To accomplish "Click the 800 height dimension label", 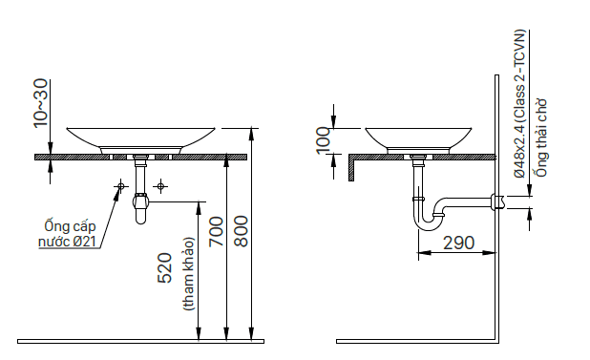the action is coord(242,231).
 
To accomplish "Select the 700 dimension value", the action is coord(217,231).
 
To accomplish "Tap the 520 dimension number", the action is coord(165,268).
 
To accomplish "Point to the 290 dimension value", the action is coord(458,243).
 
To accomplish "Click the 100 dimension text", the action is coord(324,140).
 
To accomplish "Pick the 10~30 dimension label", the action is coord(41,103).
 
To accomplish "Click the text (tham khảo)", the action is coord(188,274).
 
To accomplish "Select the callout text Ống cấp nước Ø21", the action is coord(68,234).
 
